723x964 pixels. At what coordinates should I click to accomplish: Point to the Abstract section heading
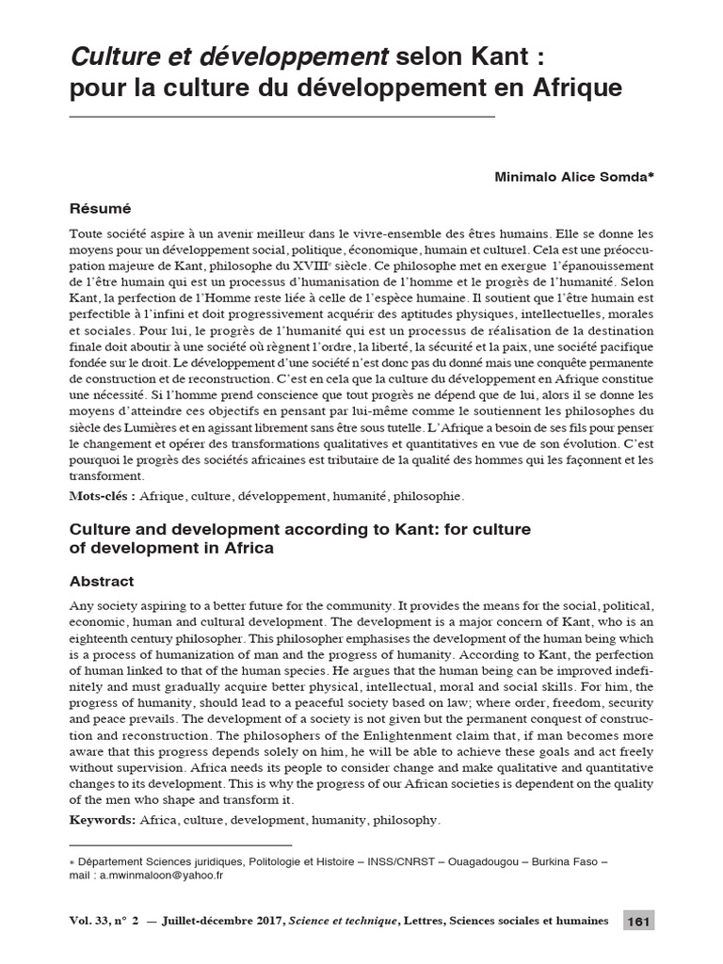[103, 581]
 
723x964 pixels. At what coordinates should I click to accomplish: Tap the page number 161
[638, 920]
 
